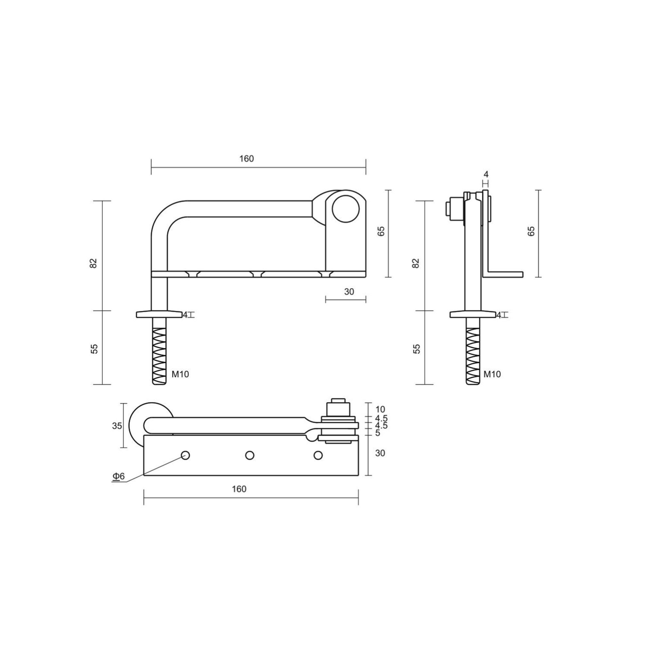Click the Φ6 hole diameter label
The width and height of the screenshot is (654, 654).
tap(118, 476)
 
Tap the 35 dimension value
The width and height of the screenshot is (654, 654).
tap(117, 426)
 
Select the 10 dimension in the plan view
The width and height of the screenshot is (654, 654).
tap(380, 410)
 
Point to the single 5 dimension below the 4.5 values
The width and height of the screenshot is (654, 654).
tap(378, 433)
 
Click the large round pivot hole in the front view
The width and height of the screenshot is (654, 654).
tap(345, 209)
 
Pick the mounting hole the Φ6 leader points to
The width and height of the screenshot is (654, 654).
tap(185, 455)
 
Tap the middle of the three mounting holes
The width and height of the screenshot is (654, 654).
tap(250, 455)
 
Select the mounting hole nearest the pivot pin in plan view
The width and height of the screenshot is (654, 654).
tap(318, 455)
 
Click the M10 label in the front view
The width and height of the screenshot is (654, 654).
tap(180, 374)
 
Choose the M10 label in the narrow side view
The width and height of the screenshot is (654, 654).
tap(492, 374)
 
